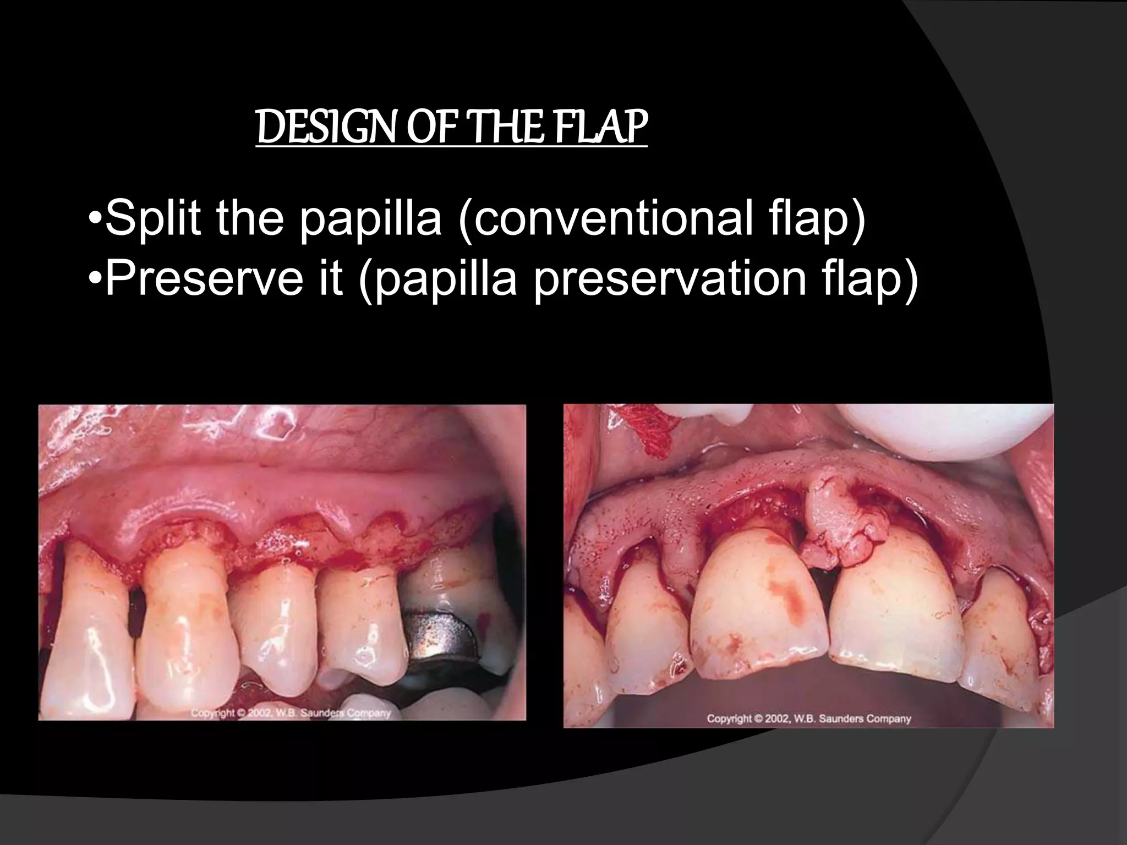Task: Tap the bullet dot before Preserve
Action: [96, 279]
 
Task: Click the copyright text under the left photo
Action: [291, 713]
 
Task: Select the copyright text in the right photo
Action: [808, 718]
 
